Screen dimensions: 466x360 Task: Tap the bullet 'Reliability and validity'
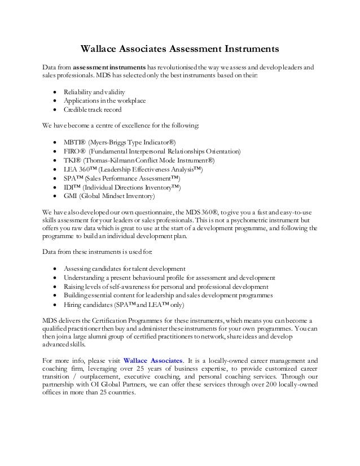pyautogui.click(x=95, y=91)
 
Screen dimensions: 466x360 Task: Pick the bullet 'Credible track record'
pyautogui.click(x=93, y=110)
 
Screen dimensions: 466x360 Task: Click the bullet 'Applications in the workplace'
pyautogui.click(x=105, y=100)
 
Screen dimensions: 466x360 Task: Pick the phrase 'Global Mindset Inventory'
pyautogui.click(x=120, y=196)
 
